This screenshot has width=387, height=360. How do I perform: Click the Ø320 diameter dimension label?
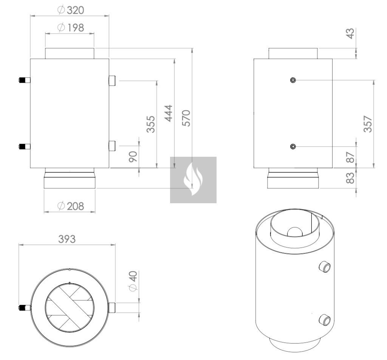71,10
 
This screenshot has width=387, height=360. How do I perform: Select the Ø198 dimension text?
71,28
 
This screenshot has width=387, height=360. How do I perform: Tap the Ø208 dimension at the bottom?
71,206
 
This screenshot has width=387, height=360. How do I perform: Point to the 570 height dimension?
187,118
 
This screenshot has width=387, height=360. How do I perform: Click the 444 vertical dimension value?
169,113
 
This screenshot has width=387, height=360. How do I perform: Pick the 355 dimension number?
150,124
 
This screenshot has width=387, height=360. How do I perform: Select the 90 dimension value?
133,157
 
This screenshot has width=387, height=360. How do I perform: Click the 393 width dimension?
67,239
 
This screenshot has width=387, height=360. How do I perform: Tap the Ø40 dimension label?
133,281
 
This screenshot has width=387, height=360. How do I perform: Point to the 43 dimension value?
350,34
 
